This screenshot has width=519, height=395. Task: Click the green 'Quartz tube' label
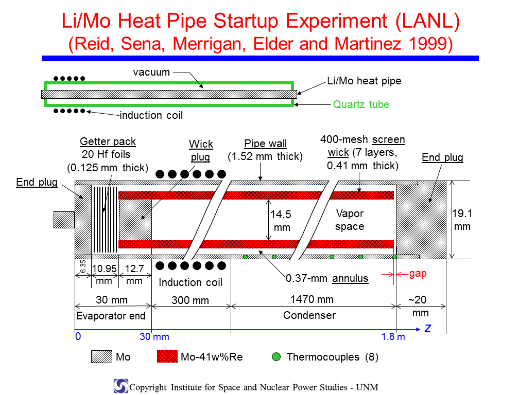click(x=361, y=104)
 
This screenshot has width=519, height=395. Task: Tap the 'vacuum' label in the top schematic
click(x=151, y=72)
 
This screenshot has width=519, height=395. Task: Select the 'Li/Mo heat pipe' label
click(x=364, y=81)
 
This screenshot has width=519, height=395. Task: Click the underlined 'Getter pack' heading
click(x=108, y=141)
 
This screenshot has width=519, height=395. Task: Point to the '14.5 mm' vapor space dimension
click(x=281, y=221)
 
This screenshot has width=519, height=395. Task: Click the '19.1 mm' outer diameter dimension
click(x=462, y=220)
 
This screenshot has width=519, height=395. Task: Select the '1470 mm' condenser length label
click(x=312, y=299)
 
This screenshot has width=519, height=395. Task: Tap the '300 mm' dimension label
click(x=190, y=300)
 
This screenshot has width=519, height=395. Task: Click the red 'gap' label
click(x=418, y=274)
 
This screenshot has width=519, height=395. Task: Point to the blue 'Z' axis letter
click(x=428, y=329)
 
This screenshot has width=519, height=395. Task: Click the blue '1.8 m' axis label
click(x=393, y=336)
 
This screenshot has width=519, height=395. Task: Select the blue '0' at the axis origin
click(x=78, y=336)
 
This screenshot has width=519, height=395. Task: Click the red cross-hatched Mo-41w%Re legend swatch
click(x=167, y=356)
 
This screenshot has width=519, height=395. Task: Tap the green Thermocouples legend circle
click(x=276, y=356)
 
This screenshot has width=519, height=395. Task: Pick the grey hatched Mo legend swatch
click(x=101, y=356)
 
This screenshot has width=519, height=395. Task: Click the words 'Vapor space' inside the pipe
click(x=350, y=220)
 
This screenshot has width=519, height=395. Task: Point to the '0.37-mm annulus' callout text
click(x=327, y=278)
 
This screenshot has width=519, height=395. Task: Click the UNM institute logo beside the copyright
click(x=121, y=386)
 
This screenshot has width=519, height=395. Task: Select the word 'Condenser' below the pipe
click(x=309, y=315)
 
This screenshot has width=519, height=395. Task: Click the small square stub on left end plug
click(x=64, y=220)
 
